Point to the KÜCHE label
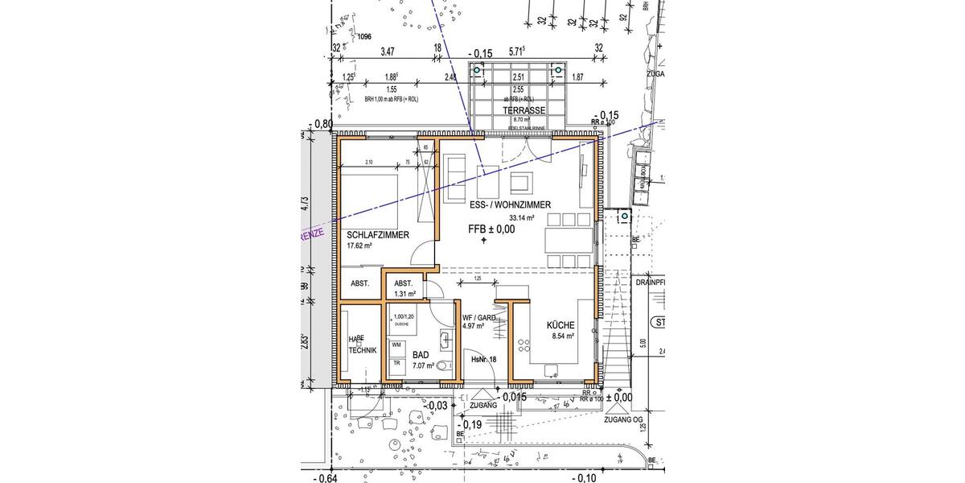pos(561,324)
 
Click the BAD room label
pos(421,354)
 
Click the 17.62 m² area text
pos(359,246)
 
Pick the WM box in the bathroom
pos(396,345)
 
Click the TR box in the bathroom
pos(396,361)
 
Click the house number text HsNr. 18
pos(483,359)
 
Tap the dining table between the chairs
pos(569,240)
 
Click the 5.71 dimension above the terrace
pos(516,51)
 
